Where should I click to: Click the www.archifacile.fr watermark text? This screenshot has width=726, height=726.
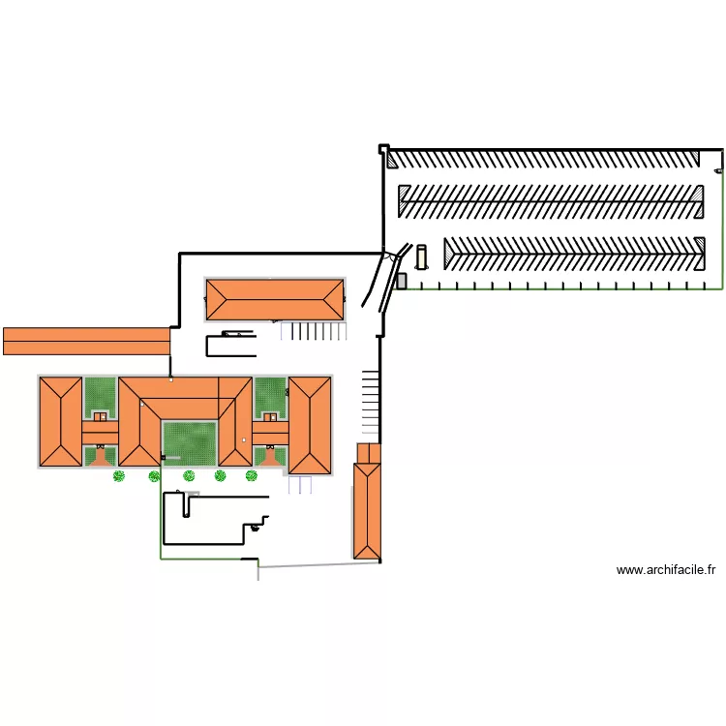[x=666, y=570]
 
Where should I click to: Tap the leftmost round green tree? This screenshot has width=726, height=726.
[x=119, y=475]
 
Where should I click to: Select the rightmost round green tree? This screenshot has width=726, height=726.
[x=251, y=475]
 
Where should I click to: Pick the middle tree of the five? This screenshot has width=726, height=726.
[x=189, y=475]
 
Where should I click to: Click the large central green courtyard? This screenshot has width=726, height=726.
[x=190, y=443]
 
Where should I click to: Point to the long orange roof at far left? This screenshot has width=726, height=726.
[x=86, y=342]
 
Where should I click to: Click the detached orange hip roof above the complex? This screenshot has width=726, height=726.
[x=275, y=299]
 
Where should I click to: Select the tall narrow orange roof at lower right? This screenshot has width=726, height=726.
[x=367, y=511]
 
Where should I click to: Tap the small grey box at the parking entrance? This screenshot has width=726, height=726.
[x=402, y=281]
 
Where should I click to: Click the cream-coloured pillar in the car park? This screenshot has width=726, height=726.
[x=421, y=257]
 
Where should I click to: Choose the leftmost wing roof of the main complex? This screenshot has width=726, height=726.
[x=61, y=421]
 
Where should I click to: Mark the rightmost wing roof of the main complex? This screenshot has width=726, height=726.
[x=310, y=426]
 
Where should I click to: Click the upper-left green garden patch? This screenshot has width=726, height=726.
[x=100, y=394]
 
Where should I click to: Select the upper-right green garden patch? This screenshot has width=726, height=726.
[x=270, y=394]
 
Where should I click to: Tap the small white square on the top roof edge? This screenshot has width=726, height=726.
[x=171, y=379]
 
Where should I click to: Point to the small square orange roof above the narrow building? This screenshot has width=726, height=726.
[x=369, y=453]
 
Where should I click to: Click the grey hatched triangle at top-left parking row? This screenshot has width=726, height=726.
[x=392, y=160]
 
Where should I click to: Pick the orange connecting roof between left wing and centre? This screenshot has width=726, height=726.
[x=100, y=433]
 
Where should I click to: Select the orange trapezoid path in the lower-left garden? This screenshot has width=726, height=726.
[x=100, y=458]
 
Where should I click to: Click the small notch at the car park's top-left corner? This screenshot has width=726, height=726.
[x=384, y=149]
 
